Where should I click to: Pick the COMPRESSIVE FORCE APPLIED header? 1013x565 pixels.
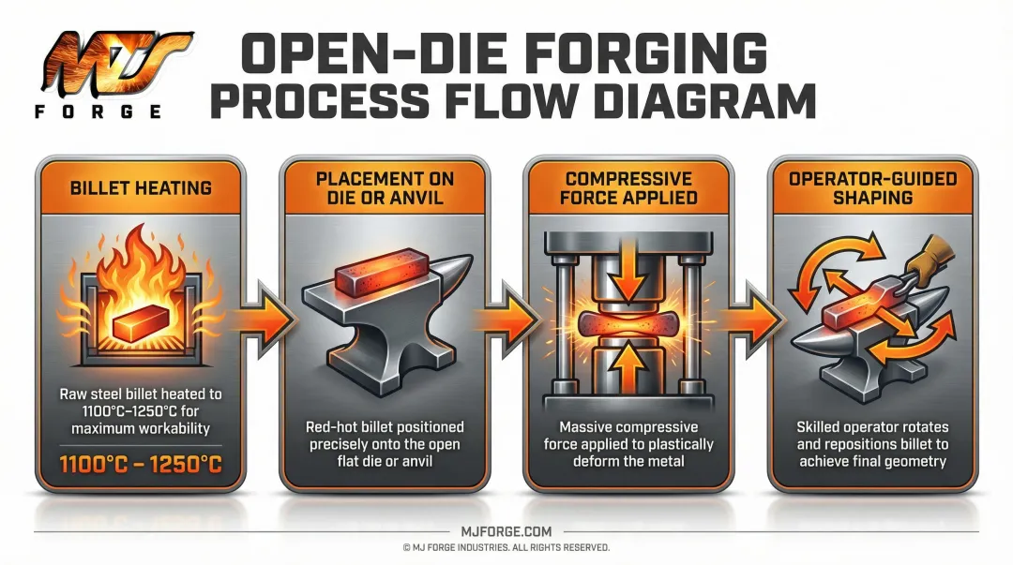[x=627, y=187]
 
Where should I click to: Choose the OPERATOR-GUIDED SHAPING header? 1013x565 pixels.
[x=871, y=187]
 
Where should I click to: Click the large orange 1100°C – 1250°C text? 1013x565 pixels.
[x=140, y=462]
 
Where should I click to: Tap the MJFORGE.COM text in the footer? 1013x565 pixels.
[x=506, y=531]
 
